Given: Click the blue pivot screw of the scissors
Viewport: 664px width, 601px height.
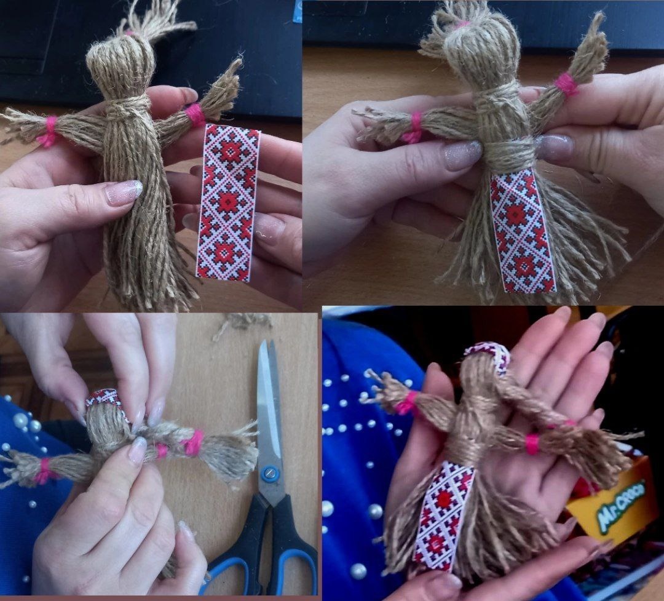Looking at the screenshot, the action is coord(269,474).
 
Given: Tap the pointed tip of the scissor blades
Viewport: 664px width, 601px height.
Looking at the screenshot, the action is coord(263,340).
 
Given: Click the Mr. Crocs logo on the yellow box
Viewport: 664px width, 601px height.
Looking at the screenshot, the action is coord(621,504).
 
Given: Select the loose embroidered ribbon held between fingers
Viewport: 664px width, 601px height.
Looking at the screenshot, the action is coord(228,202).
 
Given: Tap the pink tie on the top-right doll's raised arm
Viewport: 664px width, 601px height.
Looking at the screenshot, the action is coord(565,84).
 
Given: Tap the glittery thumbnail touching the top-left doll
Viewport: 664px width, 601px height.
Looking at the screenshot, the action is coord(124,191).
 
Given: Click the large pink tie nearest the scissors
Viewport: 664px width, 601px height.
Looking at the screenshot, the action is coord(193,443).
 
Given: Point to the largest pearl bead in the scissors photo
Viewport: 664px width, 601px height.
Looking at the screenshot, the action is coord(20,420).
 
